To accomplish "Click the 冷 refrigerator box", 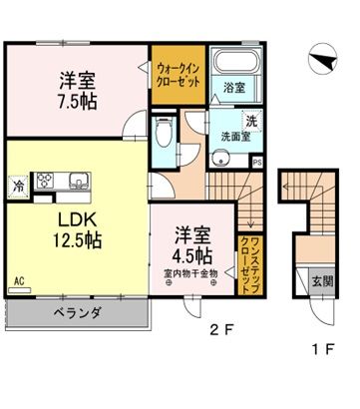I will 18,185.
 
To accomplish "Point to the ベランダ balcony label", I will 78,312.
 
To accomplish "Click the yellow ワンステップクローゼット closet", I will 244,257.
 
